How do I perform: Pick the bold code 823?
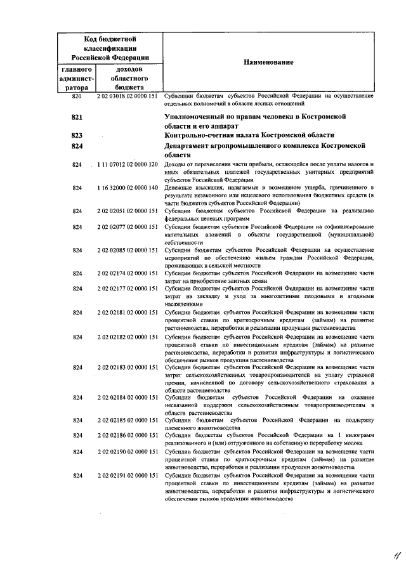coord(77,134)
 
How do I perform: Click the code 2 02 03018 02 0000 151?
coord(127,96)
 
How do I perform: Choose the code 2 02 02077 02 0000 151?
coord(127,226)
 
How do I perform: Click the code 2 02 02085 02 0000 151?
coord(127,250)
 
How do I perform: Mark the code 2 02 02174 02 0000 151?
coord(127,273)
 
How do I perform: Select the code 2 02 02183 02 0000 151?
coord(127,367)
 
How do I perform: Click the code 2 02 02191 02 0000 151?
coord(127,475)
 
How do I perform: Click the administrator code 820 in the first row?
coord(77,96)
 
